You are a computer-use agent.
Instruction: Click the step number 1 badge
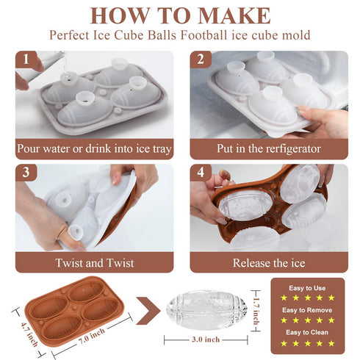26,60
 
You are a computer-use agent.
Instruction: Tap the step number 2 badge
201,60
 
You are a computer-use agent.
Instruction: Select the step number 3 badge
26,173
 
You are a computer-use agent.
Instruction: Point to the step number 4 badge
201,173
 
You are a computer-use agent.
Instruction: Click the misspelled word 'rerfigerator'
293,149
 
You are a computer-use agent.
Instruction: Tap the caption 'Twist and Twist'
95,263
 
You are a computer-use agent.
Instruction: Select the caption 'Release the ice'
269,263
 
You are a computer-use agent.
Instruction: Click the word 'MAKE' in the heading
234,15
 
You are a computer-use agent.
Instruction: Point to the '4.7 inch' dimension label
29,334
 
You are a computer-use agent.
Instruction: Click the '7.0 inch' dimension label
91,336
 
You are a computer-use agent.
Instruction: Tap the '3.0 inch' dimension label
206,339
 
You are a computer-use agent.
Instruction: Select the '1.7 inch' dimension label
256,311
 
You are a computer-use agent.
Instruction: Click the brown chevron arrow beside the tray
148,311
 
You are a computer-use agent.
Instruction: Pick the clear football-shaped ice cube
207,311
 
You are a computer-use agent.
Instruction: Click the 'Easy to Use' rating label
307,288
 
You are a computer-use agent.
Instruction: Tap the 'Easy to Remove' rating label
307,310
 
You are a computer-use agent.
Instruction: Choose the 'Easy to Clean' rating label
307,332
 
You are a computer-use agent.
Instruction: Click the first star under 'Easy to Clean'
284,343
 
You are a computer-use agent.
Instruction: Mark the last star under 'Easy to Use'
331,298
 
